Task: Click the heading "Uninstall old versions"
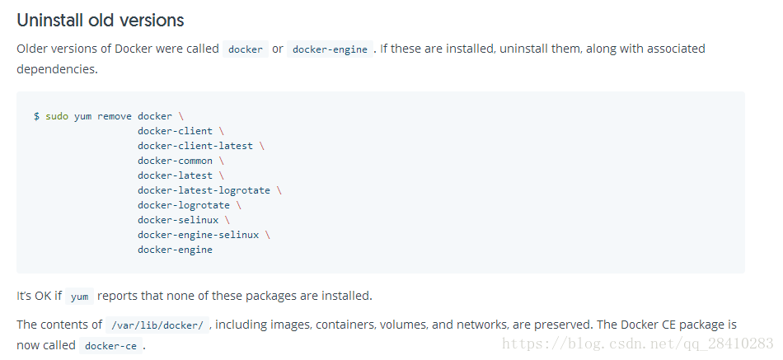[101, 20]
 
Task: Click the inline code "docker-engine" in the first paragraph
[330, 49]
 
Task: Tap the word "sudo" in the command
[57, 116]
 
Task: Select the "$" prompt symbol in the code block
[36, 116]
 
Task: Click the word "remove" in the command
[115, 116]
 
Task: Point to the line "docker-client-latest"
[195, 146]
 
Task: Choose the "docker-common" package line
[175, 161]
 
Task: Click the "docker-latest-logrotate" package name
[204, 190]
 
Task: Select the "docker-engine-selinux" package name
[198, 235]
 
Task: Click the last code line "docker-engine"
[175, 250]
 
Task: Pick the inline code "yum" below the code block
[79, 297]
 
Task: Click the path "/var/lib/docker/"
[157, 325]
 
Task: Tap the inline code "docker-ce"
[110, 346]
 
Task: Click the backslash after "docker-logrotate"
[239, 205]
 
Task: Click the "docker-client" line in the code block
[175, 131]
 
